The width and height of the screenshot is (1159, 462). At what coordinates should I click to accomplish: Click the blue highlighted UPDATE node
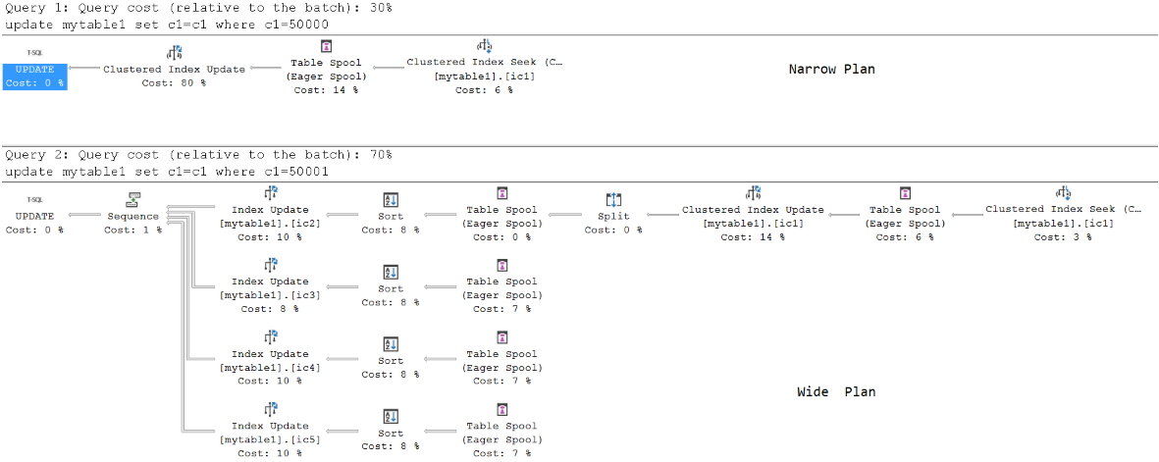click(34, 77)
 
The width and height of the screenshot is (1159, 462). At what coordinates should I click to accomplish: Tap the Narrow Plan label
click(832, 70)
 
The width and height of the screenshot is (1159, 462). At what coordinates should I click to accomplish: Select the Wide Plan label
click(837, 391)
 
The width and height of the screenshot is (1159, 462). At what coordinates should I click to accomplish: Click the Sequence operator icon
click(133, 199)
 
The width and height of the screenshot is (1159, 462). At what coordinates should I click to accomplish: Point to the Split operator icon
click(613, 199)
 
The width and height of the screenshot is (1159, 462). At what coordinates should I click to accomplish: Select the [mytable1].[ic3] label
click(270, 295)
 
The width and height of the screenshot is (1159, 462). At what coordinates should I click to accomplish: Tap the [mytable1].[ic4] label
click(270, 368)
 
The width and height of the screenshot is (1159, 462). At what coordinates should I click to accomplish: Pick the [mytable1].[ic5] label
click(270, 439)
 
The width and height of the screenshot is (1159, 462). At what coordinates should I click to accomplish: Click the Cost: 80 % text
click(174, 83)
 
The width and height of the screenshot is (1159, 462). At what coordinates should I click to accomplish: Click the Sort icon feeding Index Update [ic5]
click(391, 416)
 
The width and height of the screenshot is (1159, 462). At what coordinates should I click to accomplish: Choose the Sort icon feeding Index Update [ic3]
click(391, 272)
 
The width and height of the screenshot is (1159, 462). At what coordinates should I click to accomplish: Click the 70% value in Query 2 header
click(380, 155)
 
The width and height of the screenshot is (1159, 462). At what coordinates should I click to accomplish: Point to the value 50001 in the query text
click(310, 172)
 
